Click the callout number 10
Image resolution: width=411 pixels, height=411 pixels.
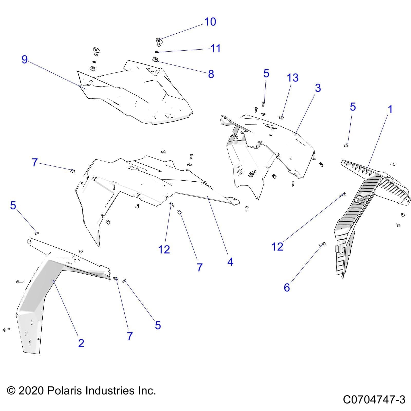point(210,22)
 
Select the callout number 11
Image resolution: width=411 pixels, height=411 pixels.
point(216,48)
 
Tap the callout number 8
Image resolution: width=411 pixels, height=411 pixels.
point(211,74)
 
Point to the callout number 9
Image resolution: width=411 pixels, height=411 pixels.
point(24,59)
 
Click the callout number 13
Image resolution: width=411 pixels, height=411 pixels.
point(293,78)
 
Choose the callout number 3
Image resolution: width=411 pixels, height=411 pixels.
point(318,88)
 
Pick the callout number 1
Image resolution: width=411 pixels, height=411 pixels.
point(390,109)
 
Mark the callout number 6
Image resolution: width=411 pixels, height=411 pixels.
point(287,287)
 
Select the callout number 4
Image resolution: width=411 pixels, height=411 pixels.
point(230,262)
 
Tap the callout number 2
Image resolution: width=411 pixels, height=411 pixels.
point(81,343)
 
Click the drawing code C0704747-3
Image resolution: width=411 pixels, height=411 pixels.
point(374,400)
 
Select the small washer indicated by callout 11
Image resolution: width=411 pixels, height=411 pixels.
point(156,52)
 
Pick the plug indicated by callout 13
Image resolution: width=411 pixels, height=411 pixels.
point(281,118)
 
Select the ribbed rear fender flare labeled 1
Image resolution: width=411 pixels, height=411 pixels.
point(360,206)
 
